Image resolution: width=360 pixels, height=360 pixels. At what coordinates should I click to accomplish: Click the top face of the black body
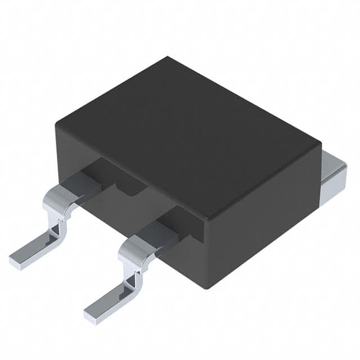[186, 135]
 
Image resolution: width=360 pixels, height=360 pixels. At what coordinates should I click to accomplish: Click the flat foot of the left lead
[34, 250]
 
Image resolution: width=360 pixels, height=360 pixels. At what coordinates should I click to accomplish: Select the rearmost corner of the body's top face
[168, 57]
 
